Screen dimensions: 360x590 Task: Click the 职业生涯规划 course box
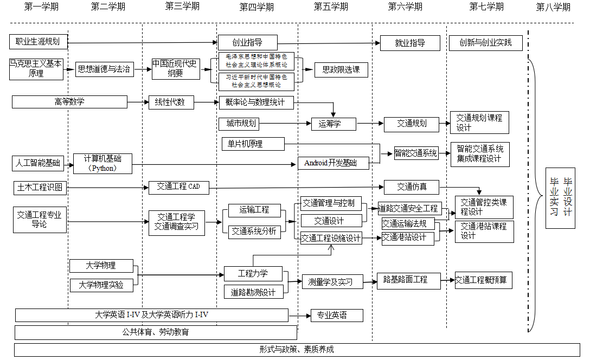click(x=38, y=42)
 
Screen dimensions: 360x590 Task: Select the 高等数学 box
click(x=69, y=102)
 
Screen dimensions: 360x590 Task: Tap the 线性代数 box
click(x=171, y=102)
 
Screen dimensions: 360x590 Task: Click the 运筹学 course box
click(x=334, y=124)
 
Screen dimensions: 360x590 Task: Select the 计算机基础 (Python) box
click(x=102, y=163)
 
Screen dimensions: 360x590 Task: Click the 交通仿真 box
click(x=412, y=187)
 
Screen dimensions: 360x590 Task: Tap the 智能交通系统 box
click(x=416, y=153)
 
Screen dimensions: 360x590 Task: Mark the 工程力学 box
click(x=253, y=273)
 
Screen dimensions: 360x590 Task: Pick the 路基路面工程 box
click(x=408, y=280)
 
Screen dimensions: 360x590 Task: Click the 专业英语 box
click(x=336, y=315)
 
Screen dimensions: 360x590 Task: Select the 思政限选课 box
click(x=341, y=69)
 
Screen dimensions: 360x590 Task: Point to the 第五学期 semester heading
click(x=331, y=7)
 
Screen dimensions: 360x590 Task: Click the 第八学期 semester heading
click(x=553, y=7)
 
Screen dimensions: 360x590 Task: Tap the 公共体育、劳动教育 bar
click(x=156, y=332)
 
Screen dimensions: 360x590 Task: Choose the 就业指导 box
click(x=410, y=43)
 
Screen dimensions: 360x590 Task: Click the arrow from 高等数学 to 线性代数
click(x=138, y=102)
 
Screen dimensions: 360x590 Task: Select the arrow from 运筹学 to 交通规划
click(x=370, y=124)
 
